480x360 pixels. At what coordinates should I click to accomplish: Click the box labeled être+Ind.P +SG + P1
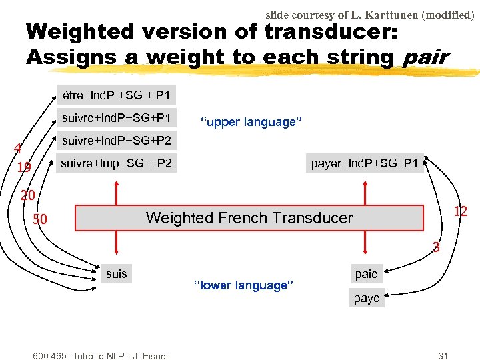pos(116,97)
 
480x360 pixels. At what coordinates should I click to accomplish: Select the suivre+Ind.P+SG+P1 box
pos(117,118)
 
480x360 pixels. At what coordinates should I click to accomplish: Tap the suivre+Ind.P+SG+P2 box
pos(117,141)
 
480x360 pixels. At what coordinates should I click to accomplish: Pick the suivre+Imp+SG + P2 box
pos(117,163)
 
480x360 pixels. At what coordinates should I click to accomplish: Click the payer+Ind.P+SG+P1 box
pos(365,163)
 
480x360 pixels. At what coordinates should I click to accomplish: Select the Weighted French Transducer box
pos(249,217)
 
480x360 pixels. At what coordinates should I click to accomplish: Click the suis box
pos(117,273)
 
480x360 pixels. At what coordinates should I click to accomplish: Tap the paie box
pos(366,274)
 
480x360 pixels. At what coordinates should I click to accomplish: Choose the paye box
pos(367,298)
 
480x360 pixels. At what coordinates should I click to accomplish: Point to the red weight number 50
pos(40,219)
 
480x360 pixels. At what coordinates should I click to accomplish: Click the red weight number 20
pos(27,195)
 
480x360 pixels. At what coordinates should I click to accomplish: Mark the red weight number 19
pos(23,168)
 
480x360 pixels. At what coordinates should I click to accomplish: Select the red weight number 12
pos(460,211)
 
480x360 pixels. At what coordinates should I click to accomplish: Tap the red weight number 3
pos(436,248)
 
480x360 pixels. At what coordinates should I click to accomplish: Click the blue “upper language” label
pos(251,122)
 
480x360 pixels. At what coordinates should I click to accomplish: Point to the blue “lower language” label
pos(243,285)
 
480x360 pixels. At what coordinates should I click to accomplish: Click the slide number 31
pos(443,355)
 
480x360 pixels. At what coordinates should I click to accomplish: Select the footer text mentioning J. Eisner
pos(101,355)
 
